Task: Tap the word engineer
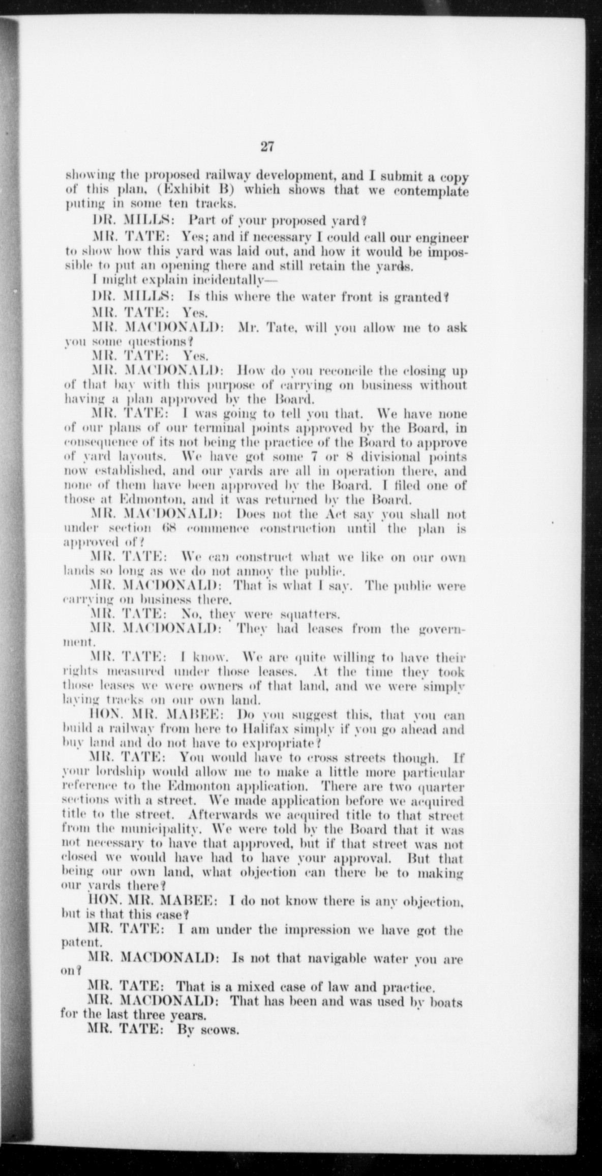pos(442,238)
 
